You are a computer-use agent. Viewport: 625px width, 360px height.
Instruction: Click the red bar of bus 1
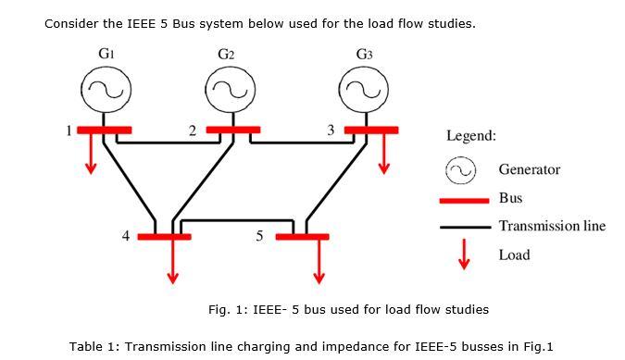[x=104, y=130]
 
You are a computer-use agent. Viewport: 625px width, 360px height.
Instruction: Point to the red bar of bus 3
[x=371, y=130]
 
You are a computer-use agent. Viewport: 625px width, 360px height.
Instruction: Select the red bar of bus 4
[x=165, y=237]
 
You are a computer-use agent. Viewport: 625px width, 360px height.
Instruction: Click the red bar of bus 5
[x=302, y=237]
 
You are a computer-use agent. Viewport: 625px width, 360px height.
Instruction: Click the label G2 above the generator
[x=226, y=55]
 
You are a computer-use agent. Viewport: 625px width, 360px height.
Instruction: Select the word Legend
[x=471, y=136]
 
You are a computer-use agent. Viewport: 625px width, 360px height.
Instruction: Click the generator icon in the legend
[x=461, y=170]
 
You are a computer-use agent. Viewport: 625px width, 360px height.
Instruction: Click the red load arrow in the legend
[x=466, y=255]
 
